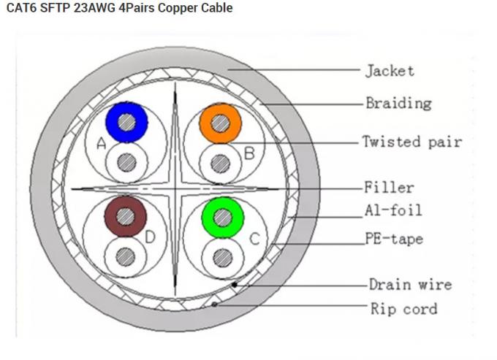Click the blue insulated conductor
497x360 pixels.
[126, 122]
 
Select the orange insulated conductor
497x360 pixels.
[220, 122]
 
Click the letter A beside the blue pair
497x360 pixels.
[102, 145]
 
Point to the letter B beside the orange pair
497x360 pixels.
[248, 153]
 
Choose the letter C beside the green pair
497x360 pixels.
[255, 239]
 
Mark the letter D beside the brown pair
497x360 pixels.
[150, 236]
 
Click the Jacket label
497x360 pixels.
[390, 71]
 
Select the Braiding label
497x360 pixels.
[398, 103]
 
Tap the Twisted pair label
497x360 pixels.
[412, 142]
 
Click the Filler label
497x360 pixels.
[389, 188]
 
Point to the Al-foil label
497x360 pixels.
[393, 211]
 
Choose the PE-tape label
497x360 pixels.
[394, 238]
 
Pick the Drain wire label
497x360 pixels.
[410, 284]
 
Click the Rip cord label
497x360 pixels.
[403, 308]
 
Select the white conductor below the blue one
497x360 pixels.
[126, 161]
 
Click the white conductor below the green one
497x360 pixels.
[223, 257]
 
